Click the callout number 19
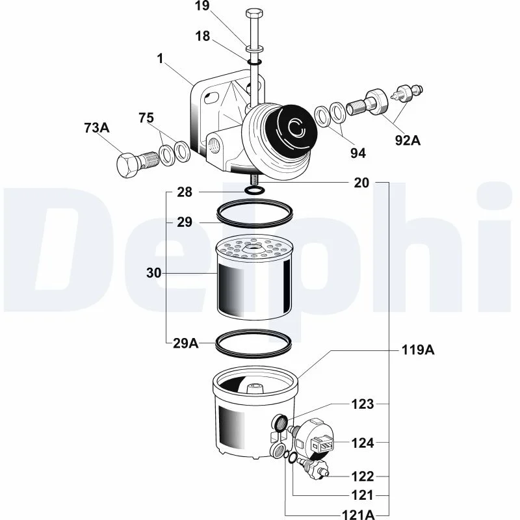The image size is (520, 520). click(202, 6)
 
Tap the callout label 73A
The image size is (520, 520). click(97, 127)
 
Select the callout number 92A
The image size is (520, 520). click(408, 140)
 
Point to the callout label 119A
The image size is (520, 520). click(418, 350)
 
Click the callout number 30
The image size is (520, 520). click(153, 273)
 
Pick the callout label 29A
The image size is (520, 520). click(185, 344)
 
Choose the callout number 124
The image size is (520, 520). click(363, 443)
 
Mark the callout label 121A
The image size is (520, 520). click(358, 515)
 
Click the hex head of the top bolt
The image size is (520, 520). click(254, 14)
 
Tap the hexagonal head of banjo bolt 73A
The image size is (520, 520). click(127, 166)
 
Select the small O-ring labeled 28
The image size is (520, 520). click(255, 190)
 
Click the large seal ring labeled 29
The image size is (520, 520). click(255, 213)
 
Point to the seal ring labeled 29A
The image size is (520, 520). click(253, 344)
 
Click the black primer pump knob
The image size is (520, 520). click(292, 127)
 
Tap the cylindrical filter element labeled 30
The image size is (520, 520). click(254, 277)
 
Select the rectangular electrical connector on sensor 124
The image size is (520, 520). click(322, 443)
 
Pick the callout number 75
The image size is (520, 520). click(146, 118)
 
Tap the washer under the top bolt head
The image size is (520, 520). click(255, 49)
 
